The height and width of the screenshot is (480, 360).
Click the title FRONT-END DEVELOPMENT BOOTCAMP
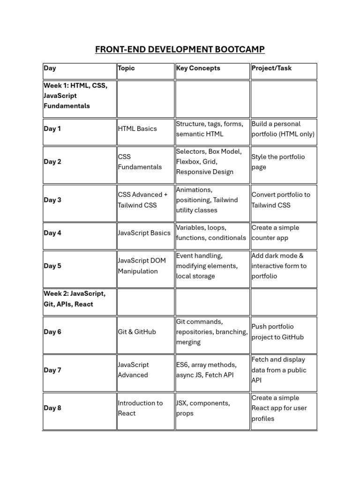pyautogui.click(x=180, y=49)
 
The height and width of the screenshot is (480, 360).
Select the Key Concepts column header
pyautogui.click(x=198, y=68)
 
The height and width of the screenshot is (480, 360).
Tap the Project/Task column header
pyautogui.click(x=271, y=68)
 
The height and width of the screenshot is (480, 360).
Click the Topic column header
pyautogui.click(x=126, y=68)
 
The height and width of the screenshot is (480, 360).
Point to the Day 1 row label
pyautogui.click(x=52, y=129)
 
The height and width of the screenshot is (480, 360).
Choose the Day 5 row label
pyautogui.click(x=52, y=266)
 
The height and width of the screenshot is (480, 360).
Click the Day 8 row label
pyautogui.click(x=52, y=408)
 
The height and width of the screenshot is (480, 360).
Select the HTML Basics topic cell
pyautogui.click(x=137, y=129)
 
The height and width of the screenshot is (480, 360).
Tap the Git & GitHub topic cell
pyautogui.click(x=137, y=332)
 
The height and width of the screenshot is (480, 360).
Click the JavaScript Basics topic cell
pyautogui.click(x=144, y=233)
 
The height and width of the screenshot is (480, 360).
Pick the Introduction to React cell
pyautogui.click(x=140, y=408)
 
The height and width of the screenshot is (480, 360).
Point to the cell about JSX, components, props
pyautogui.click(x=203, y=408)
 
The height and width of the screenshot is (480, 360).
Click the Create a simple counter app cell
pyautogui.click(x=275, y=233)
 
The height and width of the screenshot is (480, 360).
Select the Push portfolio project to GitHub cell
pyautogui.click(x=277, y=332)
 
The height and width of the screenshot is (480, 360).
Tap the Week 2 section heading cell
pyautogui.click(x=75, y=299)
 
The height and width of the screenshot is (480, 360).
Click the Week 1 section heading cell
pyautogui.click(x=75, y=96)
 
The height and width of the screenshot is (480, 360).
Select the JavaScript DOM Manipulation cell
pyautogui.click(x=142, y=266)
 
